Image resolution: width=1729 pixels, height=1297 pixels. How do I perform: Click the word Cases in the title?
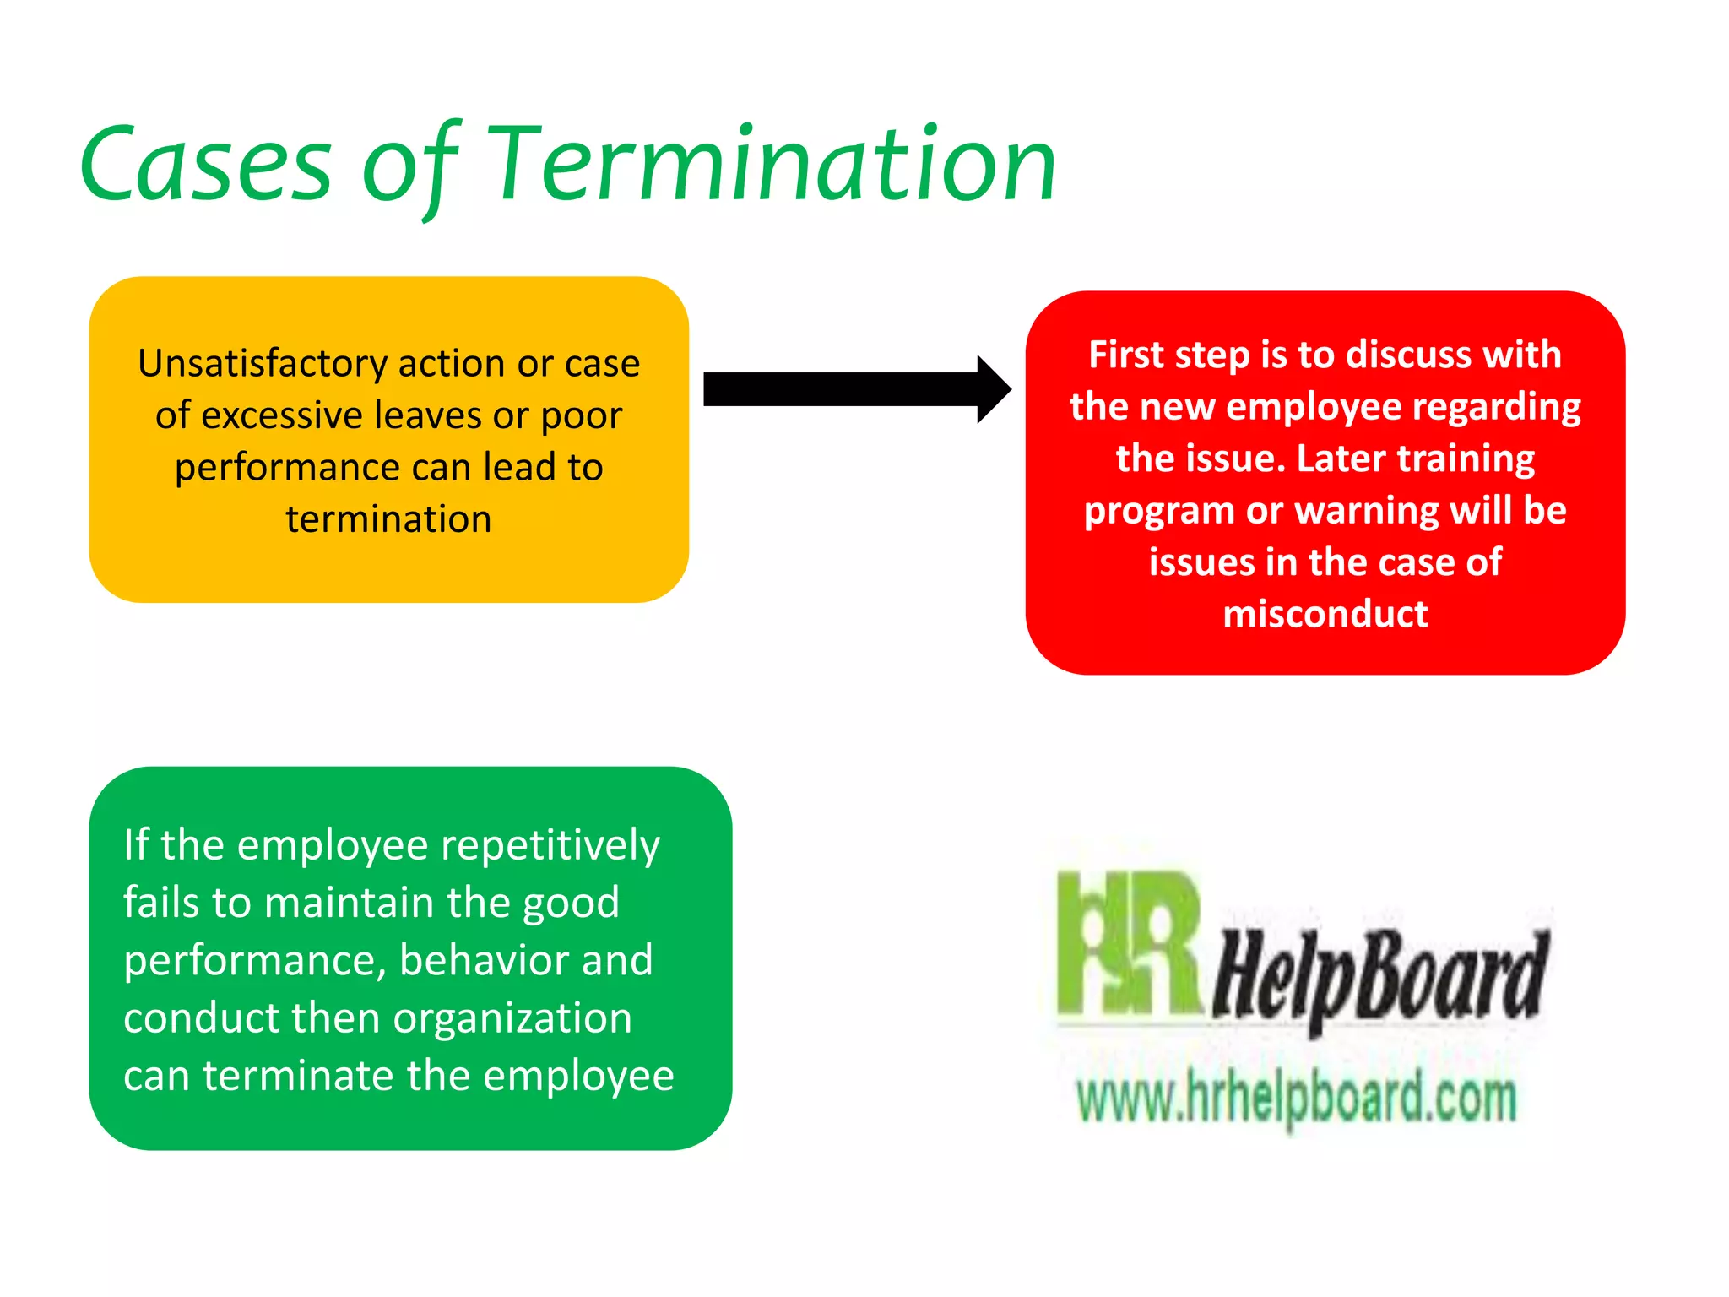(x=207, y=165)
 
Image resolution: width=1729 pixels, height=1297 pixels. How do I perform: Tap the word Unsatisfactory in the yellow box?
(x=263, y=364)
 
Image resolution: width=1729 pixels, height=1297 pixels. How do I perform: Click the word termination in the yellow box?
(x=388, y=519)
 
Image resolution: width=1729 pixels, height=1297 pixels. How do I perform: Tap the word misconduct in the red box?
(x=1325, y=614)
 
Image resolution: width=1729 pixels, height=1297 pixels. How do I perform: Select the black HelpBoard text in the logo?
(x=1381, y=975)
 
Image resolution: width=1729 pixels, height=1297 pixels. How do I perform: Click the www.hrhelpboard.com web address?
(x=1296, y=1099)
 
